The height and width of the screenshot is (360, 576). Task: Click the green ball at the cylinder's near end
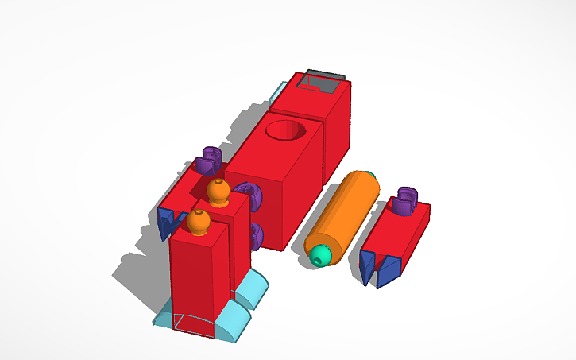pyautogui.click(x=320, y=255)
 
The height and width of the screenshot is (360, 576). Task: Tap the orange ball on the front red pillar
pyautogui.click(x=199, y=223)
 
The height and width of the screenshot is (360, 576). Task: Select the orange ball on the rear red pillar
pyautogui.click(x=218, y=191)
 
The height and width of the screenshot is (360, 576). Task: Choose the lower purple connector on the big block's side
pyautogui.click(x=256, y=234)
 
